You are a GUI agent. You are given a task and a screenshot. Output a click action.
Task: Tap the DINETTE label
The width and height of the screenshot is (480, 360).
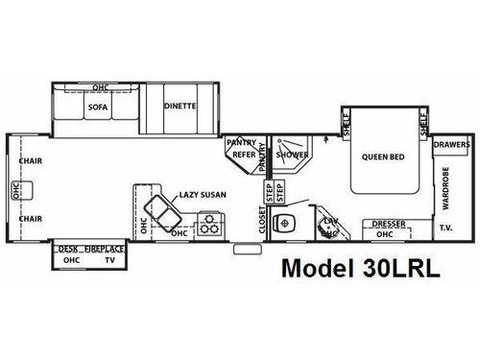pyautogui.click(x=180, y=107)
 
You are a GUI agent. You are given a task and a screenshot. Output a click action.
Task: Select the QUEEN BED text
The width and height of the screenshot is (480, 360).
pyautogui.click(x=380, y=156)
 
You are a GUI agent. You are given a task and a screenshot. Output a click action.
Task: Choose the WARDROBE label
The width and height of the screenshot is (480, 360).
pyautogui.click(x=444, y=189)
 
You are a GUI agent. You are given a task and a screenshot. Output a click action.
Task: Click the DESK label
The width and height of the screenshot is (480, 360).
pyautogui.click(x=68, y=249)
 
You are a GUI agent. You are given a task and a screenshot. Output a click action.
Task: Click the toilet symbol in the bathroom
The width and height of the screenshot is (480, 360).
pyautogui.click(x=284, y=224)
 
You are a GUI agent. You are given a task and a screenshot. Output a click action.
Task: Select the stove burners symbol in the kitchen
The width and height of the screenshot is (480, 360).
pyautogui.click(x=207, y=228)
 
